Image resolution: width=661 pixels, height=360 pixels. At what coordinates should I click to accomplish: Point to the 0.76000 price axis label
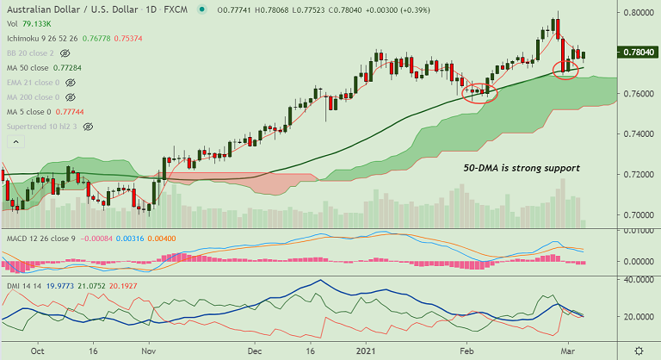pos(639,93)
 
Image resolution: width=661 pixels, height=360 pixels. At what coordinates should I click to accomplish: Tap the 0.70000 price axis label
pos(639,215)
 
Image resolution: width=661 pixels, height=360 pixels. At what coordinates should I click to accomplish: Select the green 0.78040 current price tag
pos(639,53)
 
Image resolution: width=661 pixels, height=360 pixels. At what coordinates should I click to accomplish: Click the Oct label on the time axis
pos(37,351)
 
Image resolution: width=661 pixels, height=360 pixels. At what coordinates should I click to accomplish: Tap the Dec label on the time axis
pos(254,351)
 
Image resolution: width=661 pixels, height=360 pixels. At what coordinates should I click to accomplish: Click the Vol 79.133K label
pos(25,25)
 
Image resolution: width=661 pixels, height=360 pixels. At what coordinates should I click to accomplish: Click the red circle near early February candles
pos(480,92)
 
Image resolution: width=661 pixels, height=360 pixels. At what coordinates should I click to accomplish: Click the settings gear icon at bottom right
pos(638,350)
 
